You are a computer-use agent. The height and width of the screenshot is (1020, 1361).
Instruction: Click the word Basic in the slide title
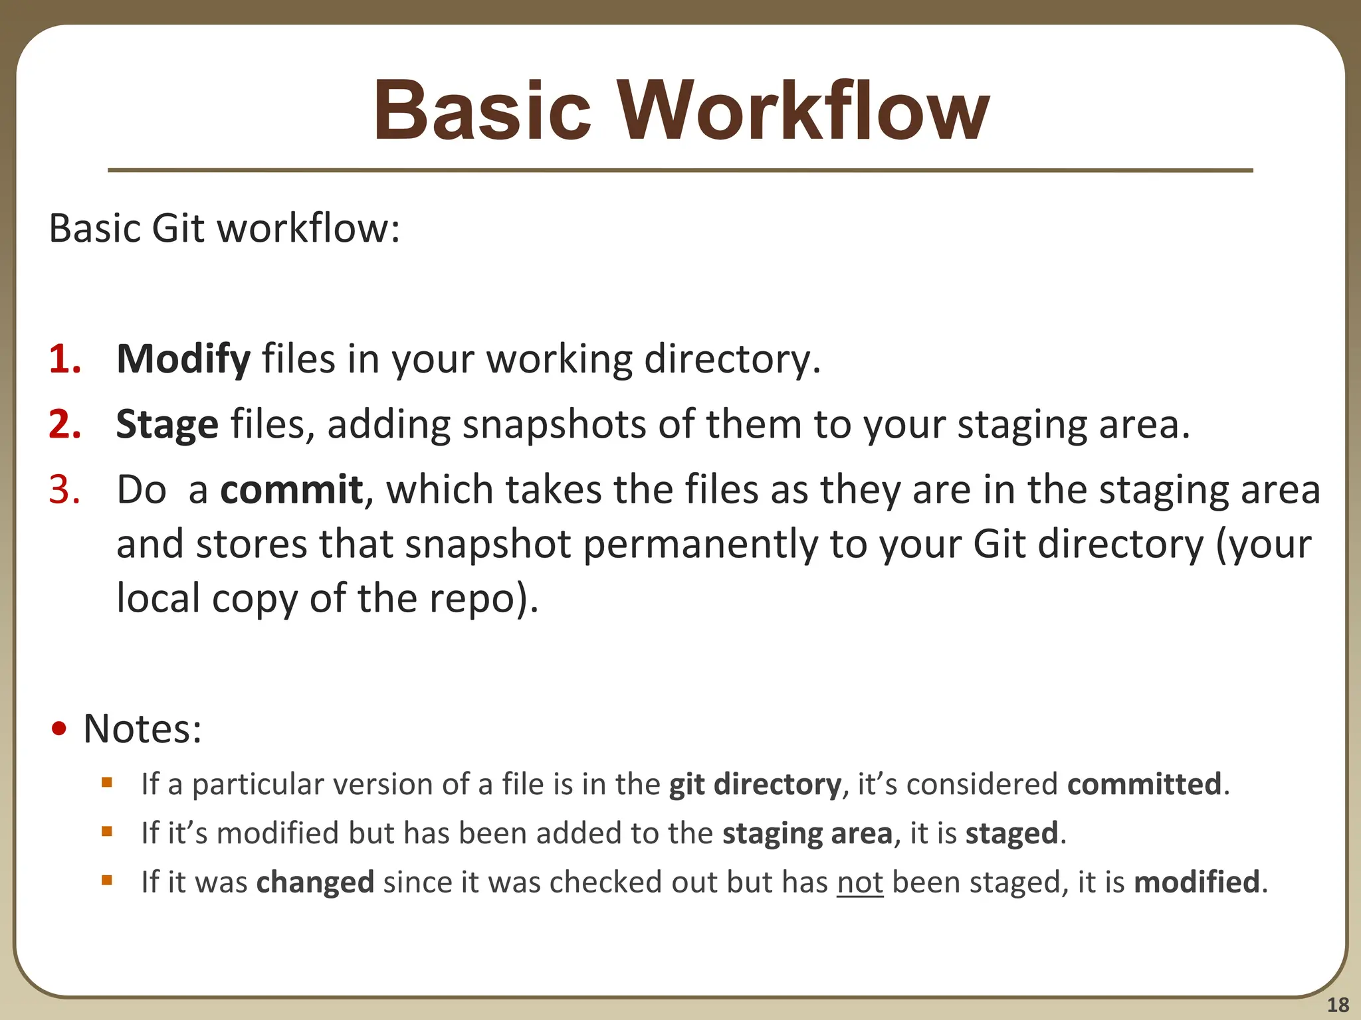(482, 112)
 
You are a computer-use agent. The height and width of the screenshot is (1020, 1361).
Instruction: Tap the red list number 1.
(64, 359)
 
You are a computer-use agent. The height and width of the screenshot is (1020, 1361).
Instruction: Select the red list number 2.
(64, 424)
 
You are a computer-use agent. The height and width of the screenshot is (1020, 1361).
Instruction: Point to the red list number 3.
(64, 489)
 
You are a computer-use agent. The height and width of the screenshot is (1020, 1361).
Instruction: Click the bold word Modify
(183, 359)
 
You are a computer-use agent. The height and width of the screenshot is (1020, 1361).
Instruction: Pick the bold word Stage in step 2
(167, 424)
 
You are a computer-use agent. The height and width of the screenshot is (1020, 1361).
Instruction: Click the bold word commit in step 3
(291, 489)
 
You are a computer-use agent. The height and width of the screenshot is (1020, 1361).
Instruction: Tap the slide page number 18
(1338, 1005)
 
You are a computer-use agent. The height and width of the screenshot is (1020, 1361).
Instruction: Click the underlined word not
(860, 883)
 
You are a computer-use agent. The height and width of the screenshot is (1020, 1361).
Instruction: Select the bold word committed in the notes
(1144, 784)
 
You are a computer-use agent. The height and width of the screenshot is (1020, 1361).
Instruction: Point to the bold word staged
(1011, 833)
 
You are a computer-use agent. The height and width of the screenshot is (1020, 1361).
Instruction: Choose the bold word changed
(315, 883)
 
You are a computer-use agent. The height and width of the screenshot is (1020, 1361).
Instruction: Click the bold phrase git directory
(755, 784)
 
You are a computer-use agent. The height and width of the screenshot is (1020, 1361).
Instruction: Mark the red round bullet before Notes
(60, 729)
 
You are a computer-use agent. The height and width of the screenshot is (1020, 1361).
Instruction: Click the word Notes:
(142, 729)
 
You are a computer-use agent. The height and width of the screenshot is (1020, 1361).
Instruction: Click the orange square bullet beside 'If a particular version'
(107, 782)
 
